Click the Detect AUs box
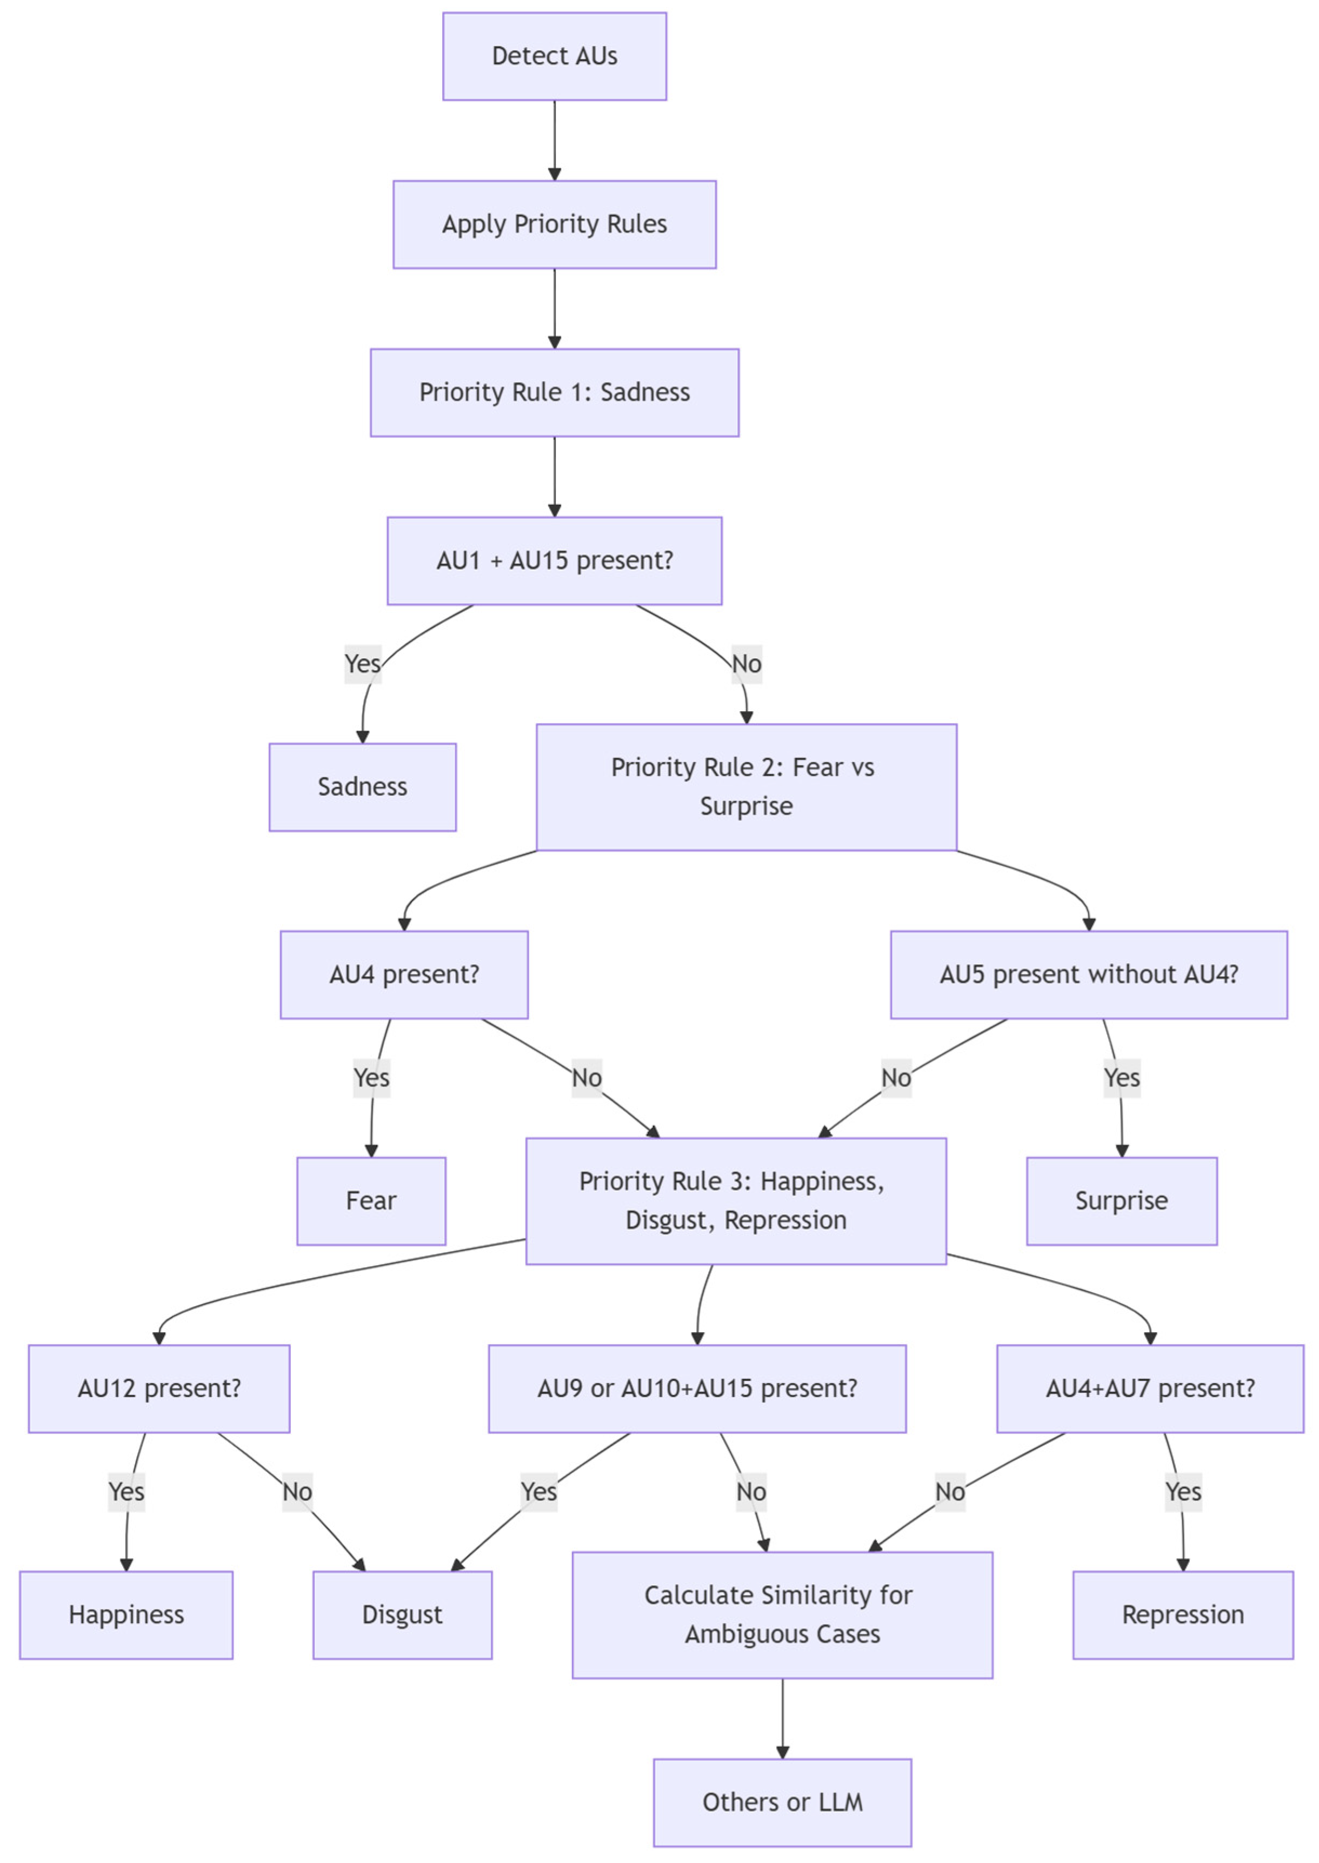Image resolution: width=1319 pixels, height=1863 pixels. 555,56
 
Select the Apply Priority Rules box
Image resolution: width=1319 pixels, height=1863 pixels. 555,224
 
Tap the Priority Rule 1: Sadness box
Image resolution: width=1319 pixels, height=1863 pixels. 555,392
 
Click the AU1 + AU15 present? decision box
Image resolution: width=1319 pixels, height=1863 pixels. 555,560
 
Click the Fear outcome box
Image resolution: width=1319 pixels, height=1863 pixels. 371,1200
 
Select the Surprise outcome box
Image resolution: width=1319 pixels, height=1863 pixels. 1122,1200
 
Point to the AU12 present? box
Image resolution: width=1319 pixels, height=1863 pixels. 159,1388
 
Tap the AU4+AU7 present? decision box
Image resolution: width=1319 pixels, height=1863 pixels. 1150,1388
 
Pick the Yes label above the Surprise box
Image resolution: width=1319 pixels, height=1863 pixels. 1122,1078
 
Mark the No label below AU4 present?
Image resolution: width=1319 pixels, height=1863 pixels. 587,1078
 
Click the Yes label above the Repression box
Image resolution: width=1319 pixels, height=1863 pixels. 1183,1492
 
